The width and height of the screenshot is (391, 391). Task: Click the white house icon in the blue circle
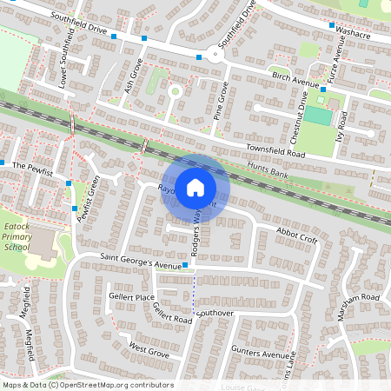point(195,186)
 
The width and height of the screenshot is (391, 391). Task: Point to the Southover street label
point(216,312)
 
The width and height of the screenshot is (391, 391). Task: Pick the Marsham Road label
point(359,298)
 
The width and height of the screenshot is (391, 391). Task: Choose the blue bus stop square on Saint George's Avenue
point(186,265)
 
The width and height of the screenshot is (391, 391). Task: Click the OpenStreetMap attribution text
point(88,385)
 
